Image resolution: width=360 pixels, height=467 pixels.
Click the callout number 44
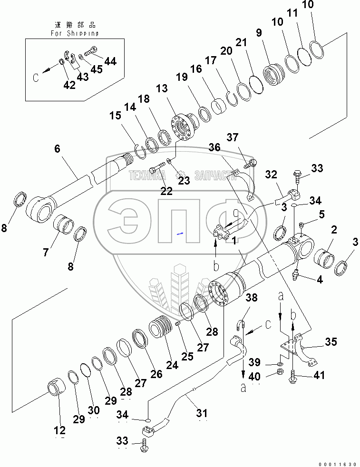coord(110,61)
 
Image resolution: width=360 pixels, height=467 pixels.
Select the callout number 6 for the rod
coord(57,148)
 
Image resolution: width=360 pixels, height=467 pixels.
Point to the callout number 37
coord(232,138)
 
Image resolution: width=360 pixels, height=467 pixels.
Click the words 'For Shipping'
coord(75,33)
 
